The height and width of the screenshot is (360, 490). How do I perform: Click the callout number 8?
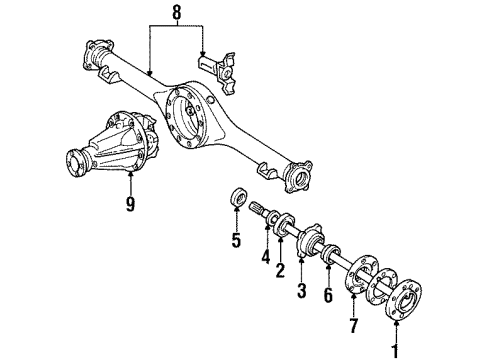tap(178, 13)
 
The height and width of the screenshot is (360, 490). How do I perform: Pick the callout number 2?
tap(281, 269)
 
